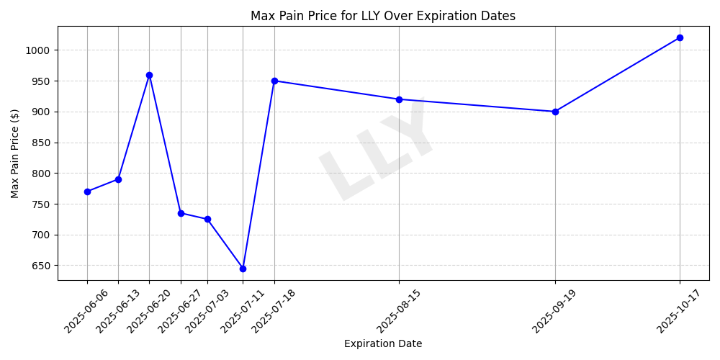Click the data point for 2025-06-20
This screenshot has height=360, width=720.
click(x=149, y=75)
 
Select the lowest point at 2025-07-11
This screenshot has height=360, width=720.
click(x=243, y=269)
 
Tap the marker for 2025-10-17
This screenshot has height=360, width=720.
click(x=680, y=37)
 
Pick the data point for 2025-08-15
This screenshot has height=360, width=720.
click(x=399, y=99)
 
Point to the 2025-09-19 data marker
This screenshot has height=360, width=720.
click(x=555, y=112)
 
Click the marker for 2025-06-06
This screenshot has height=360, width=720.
click(x=87, y=192)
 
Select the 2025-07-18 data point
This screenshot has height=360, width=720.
click(x=274, y=81)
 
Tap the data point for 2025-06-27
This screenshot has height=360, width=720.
click(x=181, y=213)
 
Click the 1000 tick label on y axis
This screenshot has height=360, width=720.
click(x=40, y=50)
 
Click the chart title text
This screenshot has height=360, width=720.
click(x=382, y=16)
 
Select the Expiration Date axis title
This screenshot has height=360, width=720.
click(x=382, y=344)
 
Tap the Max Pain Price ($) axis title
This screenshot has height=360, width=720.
click(x=15, y=153)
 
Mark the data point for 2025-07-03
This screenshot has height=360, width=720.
click(x=207, y=219)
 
